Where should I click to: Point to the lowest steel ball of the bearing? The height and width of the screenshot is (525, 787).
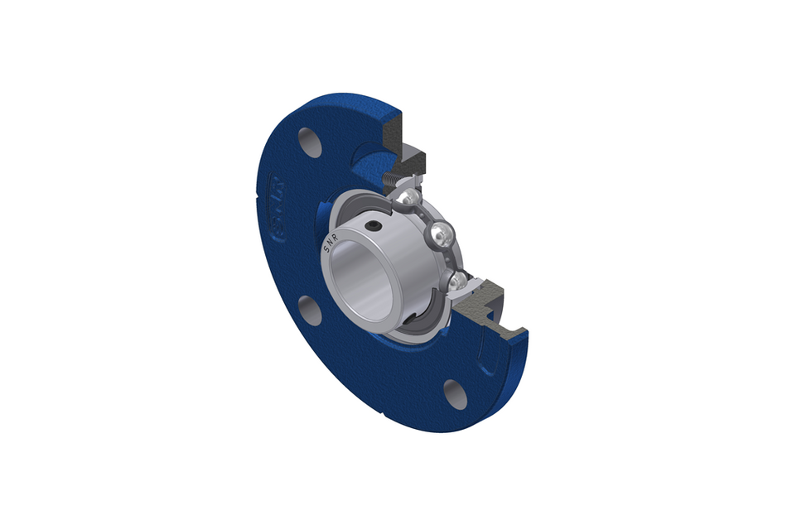456,281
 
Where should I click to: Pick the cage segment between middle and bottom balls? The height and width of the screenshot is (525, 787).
451,258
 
